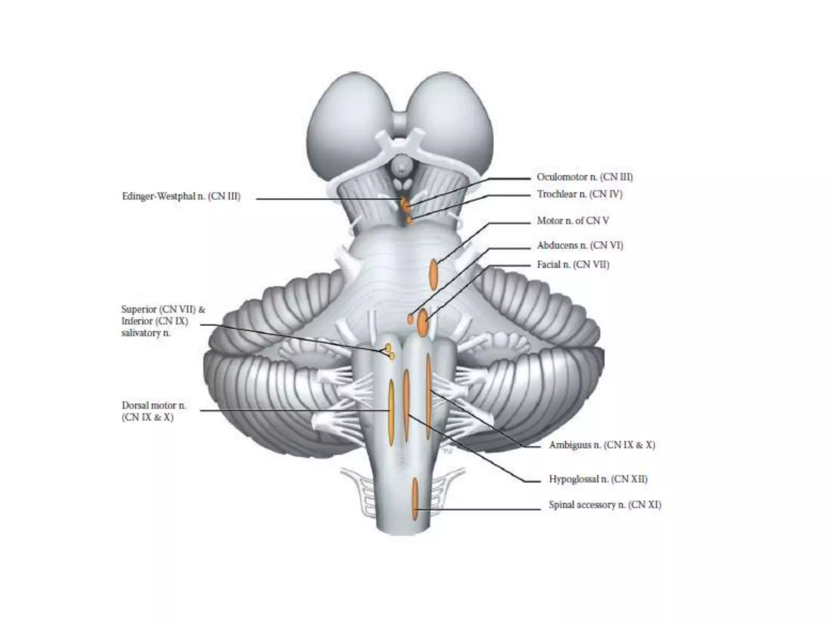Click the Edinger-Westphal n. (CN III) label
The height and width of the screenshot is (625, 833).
click(x=181, y=197)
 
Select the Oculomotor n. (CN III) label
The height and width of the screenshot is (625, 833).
click(x=584, y=177)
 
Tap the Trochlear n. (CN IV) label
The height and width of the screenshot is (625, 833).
click(x=580, y=194)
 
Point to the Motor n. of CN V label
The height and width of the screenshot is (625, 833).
click(x=573, y=221)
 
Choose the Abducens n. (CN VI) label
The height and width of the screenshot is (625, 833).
click(x=580, y=245)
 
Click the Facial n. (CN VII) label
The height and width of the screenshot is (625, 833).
click(x=573, y=265)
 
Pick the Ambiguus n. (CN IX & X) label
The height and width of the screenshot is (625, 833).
click(x=602, y=445)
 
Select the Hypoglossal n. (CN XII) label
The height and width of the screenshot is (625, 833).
click(x=598, y=479)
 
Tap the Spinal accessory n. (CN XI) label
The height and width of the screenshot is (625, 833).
click(x=605, y=505)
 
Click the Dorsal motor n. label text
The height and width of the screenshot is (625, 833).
click(x=154, y=406)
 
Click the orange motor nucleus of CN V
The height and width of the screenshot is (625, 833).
click(x=434, y=275)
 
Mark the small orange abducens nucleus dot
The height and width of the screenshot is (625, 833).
click(x=410, y=319)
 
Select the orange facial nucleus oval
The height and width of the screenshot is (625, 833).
click(x=423, y=323)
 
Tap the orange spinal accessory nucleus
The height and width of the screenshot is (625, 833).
click(x=415, y=498)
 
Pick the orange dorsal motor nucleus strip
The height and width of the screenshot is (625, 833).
click(x=391, y=411)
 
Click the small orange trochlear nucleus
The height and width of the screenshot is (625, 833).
click(x=409, y=220)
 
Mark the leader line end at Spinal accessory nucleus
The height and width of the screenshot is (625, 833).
click(x=416, y=509)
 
